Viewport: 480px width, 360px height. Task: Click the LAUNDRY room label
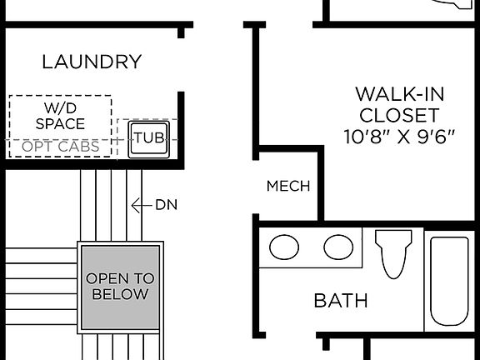(x=92, y=62)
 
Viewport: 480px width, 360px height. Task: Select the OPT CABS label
(x=61, y=147)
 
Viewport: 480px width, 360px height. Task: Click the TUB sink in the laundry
(x=148, y=137)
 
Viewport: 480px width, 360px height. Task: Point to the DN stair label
(x=167, y=204)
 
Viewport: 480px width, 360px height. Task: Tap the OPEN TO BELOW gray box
(x=120, y=286)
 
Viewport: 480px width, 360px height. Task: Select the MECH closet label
(x=288, y=186)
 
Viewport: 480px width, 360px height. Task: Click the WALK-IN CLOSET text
(x=397, y=102)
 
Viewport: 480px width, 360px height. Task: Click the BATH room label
(x=341, y=300)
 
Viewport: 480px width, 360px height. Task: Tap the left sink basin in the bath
(x=286, y=247)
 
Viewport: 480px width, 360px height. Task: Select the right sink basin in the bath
(x=337, y=247)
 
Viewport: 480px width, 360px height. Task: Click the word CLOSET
(x=397, y=114)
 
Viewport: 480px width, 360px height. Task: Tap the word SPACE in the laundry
(x=60, y=124)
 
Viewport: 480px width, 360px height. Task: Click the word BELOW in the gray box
(x=120, y=294)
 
